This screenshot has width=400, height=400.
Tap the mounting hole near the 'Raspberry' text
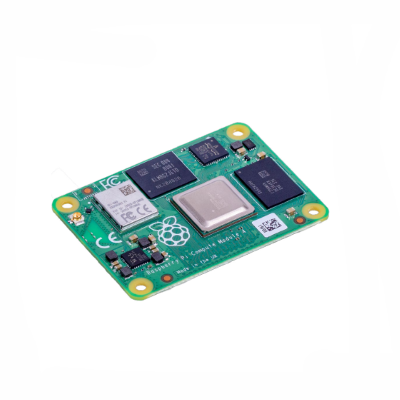tap(141, 287)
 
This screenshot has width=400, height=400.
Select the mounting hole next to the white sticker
tap(314, 212)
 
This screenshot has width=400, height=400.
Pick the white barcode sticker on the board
tap(268, 224)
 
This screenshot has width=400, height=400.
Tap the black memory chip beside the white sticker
tap(268, 182)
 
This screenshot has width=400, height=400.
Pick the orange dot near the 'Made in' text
tap(167, 279)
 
